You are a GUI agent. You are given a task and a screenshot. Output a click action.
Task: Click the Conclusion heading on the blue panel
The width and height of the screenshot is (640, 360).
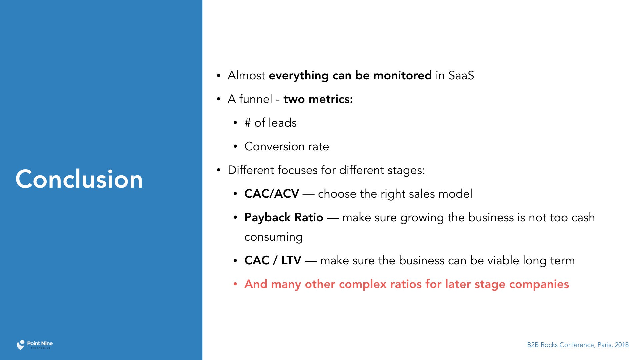[x=79, y=179]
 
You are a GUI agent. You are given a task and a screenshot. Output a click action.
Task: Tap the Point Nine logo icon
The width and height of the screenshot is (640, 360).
[x=21, y=345]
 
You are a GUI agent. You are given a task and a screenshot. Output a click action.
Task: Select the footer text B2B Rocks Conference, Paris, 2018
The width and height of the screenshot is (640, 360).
[x=578, y=345]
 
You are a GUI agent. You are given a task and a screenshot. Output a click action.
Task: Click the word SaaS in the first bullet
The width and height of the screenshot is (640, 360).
[x=461, y=75]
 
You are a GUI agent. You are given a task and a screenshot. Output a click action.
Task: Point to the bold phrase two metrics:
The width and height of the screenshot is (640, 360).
[x=318, y=99]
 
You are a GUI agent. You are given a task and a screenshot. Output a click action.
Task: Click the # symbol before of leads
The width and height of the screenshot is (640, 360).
[x=247, y=123]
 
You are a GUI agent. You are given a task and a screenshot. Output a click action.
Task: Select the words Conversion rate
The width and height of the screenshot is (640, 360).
[x=287, y=146]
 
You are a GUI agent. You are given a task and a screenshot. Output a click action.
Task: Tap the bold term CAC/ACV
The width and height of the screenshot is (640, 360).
[x=272, y=194]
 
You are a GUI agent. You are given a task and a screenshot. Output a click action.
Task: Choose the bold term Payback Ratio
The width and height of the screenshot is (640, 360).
[x=284, y=218]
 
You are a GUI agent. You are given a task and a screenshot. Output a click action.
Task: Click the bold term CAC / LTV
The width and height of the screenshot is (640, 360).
[x=273, y=260]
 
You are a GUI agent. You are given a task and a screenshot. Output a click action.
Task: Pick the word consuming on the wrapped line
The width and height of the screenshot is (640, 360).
[x=273, y=237]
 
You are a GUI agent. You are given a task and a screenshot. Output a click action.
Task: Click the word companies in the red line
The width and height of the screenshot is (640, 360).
[x=539, y=284]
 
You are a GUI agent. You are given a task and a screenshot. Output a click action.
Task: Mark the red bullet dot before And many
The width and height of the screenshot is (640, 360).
[x=235, y=284]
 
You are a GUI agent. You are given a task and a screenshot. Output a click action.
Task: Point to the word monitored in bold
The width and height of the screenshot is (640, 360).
[x=402, y=75]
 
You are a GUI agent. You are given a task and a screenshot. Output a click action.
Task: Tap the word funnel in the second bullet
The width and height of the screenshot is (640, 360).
[x=256, y=99]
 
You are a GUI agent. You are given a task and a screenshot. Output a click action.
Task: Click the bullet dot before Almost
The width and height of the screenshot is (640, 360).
[x=219, y=76]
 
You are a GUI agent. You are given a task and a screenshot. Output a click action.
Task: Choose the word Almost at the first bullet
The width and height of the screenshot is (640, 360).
[x=246, y=75]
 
